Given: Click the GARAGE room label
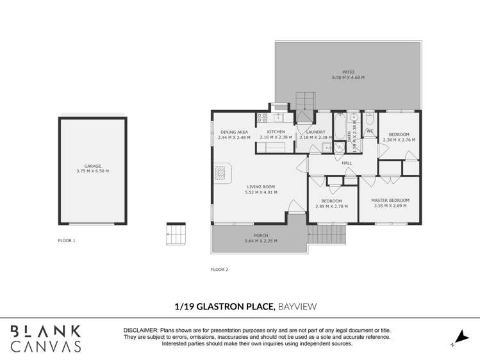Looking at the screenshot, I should [93, 166].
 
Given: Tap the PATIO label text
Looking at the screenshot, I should [348, 72].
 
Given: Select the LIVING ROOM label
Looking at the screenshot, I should [261, 186].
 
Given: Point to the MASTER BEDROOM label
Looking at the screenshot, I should [390, 200].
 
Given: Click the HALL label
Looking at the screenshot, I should [347, 163].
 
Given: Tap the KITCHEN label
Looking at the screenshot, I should [276, 132].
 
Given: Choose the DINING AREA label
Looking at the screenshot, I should [233, 132].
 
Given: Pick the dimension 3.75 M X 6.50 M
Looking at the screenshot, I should [93, 171].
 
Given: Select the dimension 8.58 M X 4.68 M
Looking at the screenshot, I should [348, 78].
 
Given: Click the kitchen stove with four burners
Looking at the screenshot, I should [262, 118].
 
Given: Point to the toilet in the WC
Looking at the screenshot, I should [370, 119].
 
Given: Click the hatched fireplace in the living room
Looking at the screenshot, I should [220, 172].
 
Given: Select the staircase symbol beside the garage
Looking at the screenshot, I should [176, 234].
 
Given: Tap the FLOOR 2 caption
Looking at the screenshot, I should [219, 270].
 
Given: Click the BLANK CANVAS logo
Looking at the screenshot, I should [46, 338].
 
